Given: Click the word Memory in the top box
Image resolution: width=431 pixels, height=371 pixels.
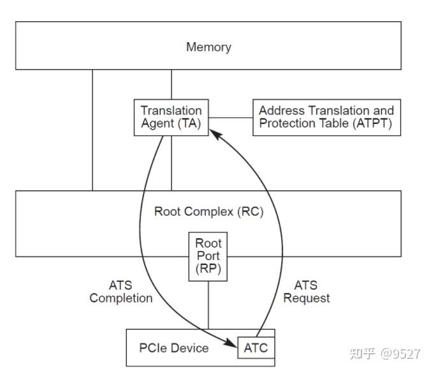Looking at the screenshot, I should coord(208,47).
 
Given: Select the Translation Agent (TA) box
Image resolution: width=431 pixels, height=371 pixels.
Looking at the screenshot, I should coord(171,117).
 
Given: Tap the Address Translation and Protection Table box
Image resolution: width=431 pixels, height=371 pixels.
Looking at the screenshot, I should coord(326,117).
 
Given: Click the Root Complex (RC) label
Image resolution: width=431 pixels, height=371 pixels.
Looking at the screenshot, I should coord(208,211).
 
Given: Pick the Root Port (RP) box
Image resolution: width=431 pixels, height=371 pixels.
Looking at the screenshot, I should coord(208,257).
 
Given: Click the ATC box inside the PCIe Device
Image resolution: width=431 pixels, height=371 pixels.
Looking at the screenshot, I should coord(256,348).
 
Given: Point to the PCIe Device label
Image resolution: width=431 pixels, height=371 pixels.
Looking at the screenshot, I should coord(173,348).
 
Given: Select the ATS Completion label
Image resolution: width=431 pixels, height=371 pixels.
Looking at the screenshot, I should coord(121,292).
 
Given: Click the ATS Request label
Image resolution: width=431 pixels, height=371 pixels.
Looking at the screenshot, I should coord(307,292).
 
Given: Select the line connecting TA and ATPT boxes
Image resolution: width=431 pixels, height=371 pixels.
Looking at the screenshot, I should coord(230,117).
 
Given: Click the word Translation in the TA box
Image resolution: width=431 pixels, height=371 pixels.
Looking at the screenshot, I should coord(171,110).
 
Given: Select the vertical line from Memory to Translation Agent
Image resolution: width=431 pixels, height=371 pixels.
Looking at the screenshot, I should coord(171,84).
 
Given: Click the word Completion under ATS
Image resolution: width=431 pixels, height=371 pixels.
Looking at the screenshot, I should coord(121,298).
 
